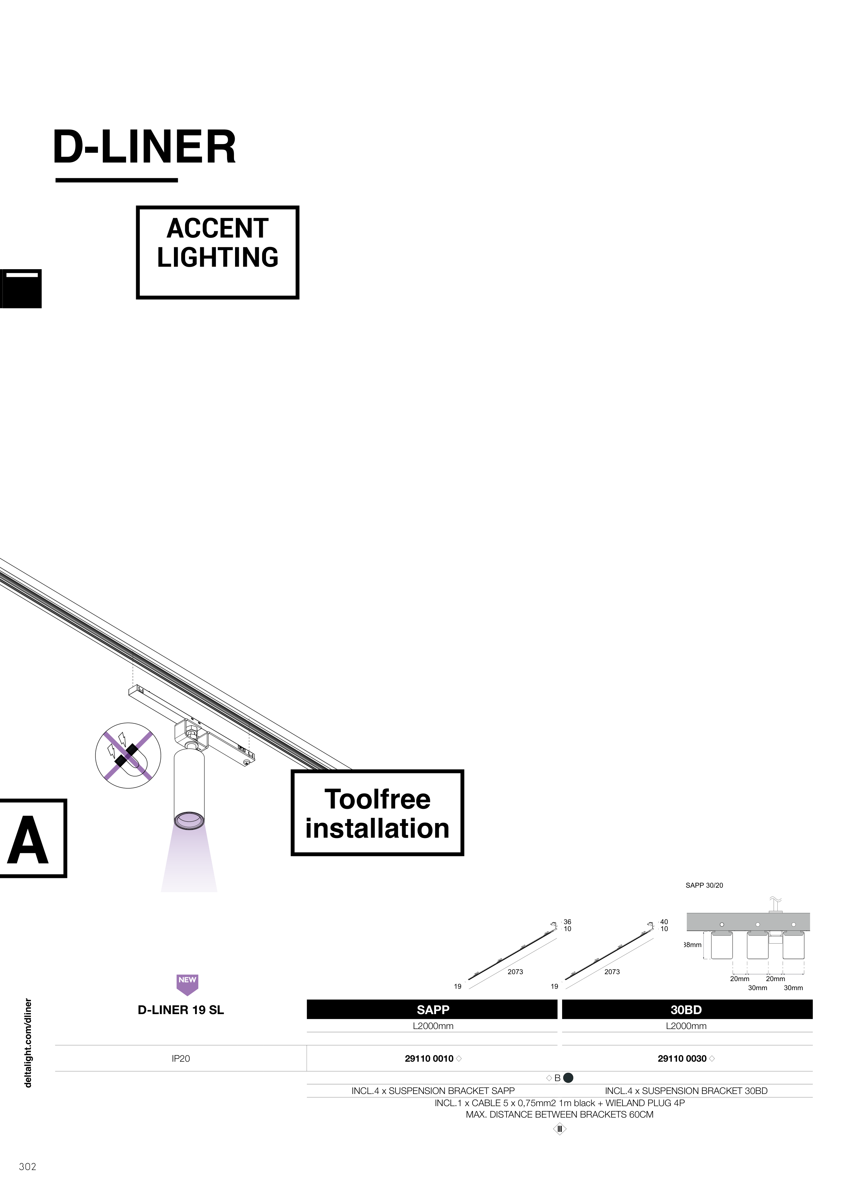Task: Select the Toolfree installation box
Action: point(377,813)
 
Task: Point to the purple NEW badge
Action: point(187,984)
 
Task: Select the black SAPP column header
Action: point(432,1010)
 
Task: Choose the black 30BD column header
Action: point(686,1010)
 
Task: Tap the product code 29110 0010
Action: point(429,1059)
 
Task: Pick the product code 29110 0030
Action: point(682,1059)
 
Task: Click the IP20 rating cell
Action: point(181,1059)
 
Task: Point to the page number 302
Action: point(27,1167)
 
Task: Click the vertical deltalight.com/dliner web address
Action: point(28,1043)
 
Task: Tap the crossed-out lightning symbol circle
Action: point(128,755)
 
